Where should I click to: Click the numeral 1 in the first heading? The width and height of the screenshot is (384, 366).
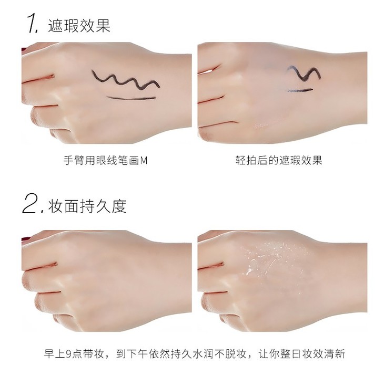[x=33, y=24]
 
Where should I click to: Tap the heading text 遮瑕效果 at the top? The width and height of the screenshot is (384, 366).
[x=79, y=25]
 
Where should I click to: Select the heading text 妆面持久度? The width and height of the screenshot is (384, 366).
[x=87, y=206]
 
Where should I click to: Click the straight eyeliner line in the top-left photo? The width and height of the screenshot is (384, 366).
[x=132, y=99]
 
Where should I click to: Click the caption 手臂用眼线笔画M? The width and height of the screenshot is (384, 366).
[x=106, y=161]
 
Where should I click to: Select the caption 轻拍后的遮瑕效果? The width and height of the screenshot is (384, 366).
[x=279, y=160]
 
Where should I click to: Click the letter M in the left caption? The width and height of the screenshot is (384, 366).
[x=144, y=161]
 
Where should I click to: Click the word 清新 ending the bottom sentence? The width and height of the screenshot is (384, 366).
[x=335, y=353]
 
